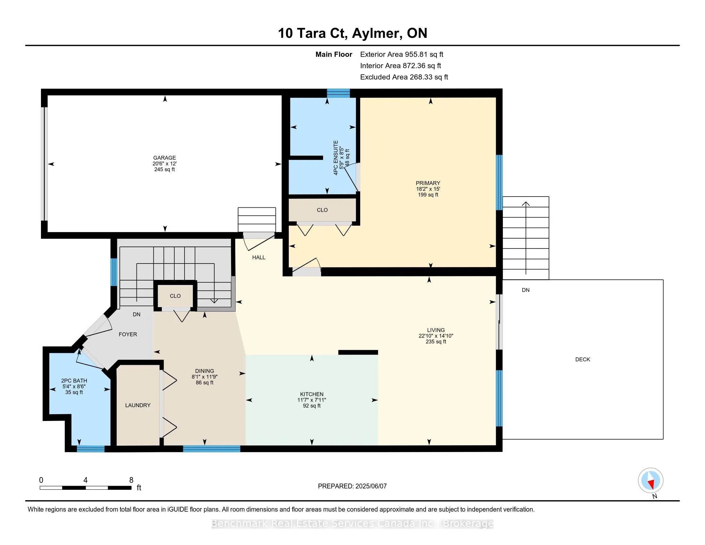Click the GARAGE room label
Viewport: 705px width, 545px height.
click(164, 158)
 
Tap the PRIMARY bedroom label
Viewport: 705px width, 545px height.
click(428, 183)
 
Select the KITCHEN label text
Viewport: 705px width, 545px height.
click(311, 394)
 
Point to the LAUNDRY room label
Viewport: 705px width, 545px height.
click(138, 405)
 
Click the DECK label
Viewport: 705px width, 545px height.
click(582, 359)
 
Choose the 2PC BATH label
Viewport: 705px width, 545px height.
click(74, 381)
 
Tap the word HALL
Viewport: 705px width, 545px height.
click(259, 257)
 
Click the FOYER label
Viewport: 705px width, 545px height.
click(128, 334)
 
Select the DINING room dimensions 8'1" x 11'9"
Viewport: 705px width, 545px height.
click(204, 377)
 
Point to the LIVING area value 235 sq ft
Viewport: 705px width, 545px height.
click(436, 342)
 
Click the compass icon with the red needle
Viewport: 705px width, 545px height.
click(651, 480)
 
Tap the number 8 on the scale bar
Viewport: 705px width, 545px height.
click(131, 480)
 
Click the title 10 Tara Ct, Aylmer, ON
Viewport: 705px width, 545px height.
click(352, 33)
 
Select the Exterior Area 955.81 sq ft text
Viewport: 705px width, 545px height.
click(402, 54)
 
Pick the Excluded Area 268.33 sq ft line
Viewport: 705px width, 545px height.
click(404, 77)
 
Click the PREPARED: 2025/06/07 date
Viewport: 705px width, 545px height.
click(352, 486)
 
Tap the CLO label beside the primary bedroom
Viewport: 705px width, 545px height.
click(322, 210)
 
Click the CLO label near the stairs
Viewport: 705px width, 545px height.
click(175, 296)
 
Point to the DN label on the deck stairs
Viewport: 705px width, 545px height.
click(526, 290)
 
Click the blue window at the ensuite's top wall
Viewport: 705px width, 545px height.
click(338, 93)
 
